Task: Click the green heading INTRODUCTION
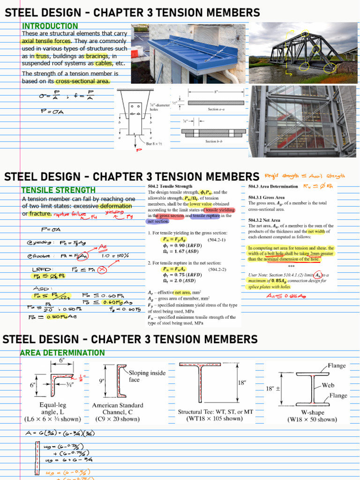(50, 26)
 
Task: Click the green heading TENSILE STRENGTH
(58, 190)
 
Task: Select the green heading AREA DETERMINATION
(62, 352)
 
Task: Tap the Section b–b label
(217, 141)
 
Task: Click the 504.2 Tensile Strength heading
(171, 186)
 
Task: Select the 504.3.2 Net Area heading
(264, 220)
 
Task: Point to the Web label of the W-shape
(328, 385)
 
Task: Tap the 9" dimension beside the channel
(102, 381)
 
